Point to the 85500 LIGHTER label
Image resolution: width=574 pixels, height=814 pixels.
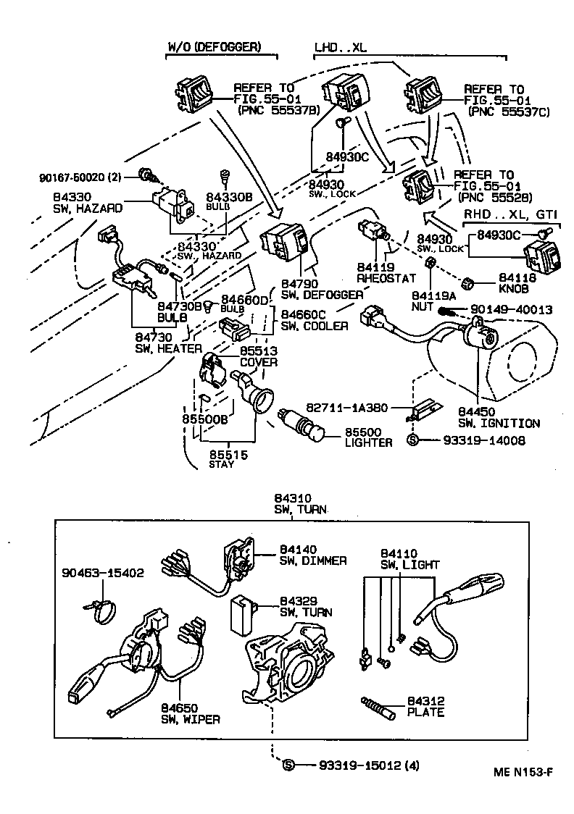368,437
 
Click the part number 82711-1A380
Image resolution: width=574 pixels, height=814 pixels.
354,408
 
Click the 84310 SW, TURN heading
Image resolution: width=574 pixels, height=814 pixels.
299,504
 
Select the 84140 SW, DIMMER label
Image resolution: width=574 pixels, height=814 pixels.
312,555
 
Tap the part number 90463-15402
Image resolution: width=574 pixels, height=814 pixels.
101,572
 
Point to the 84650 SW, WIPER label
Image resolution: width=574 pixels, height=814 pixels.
190,713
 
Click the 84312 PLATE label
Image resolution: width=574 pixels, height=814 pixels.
425,707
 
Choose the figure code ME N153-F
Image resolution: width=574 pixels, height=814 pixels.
519,772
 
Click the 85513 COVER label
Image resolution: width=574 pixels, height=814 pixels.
258,356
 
